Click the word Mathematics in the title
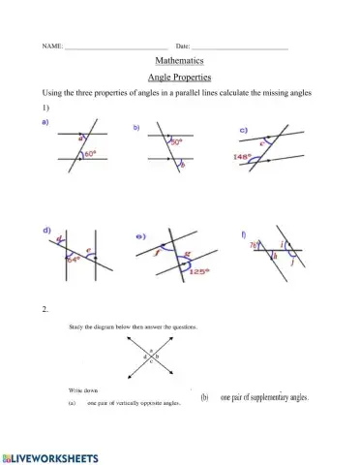tap(179, 61)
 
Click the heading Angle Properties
tap(179, 77)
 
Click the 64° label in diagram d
tap(72, 259)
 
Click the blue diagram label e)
tap(140, 236)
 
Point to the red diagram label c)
tap(244, 129)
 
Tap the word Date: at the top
tap(183, 46)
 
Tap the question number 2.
tap(45, 309)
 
